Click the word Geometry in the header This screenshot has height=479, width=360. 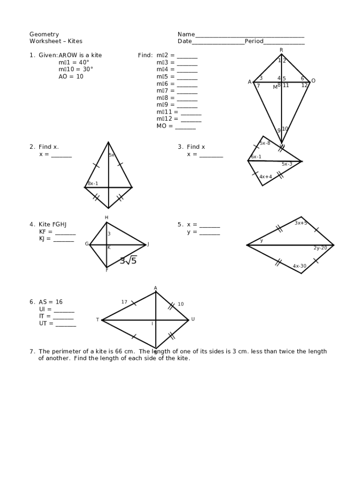coord(44,34)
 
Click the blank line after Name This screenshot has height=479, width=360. coord(250,36)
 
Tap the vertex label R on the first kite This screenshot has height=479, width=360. coord(281,50)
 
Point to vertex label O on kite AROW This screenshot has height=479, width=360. coord(313,81)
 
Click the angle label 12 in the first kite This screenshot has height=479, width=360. coord(304,85)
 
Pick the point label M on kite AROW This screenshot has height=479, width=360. coord(275,87)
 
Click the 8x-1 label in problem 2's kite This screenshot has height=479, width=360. coord(93,183)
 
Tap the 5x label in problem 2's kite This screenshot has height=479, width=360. coord(112,155)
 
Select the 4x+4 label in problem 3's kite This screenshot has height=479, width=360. coord(266,177)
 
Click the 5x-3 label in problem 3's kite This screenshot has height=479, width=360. coord(287,164)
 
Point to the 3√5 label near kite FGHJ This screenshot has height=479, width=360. coord(128,261)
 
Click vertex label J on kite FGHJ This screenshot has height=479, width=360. coord(148,244)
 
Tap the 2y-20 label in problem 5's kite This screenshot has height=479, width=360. coord(320,248)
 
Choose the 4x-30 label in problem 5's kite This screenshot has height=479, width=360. coord(300,266)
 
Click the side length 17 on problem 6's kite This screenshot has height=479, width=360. coord(124,302)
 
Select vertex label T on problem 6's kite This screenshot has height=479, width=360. coord(98,320)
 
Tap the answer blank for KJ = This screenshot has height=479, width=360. coord(64,240)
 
